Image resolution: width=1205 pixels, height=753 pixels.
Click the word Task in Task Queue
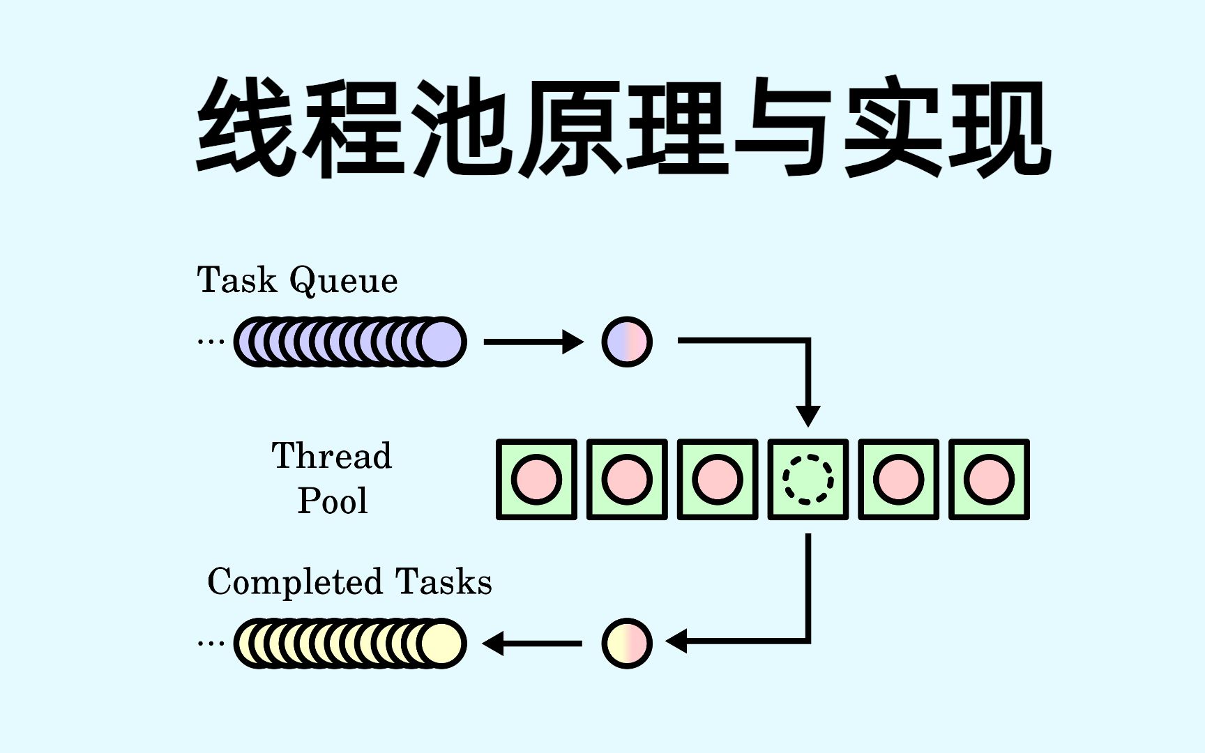(x=237, y=280)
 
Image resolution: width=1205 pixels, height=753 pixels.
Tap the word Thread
(x=332, y=456)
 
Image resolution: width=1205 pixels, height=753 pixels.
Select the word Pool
(x=333, y=501)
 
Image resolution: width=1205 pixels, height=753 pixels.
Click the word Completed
(x=295, y=582)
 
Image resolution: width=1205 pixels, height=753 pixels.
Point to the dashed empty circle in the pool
(x=808, y=480)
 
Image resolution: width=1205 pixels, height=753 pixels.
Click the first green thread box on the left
(x=536, y=480)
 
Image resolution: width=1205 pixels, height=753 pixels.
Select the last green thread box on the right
(x=989, y=480)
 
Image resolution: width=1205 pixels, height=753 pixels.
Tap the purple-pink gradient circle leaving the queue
(x=627, y=342)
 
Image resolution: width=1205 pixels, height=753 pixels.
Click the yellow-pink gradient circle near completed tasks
(x=627, y=643)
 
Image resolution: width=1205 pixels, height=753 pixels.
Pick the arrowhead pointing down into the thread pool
(x=808, y=416)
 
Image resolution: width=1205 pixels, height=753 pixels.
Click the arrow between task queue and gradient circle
(x=533, y=342)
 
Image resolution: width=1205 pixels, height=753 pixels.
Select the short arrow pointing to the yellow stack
(x=533, y=643)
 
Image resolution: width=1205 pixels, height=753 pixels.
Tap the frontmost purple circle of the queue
(x=442, y=342)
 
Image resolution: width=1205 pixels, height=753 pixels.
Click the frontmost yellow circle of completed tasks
(x=442, y=643)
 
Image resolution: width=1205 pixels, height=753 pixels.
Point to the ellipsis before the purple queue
(x=211, y=342)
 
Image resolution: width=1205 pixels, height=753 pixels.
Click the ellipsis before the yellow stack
(x=211, y=643)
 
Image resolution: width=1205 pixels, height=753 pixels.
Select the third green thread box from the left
(x=717, y=480)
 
